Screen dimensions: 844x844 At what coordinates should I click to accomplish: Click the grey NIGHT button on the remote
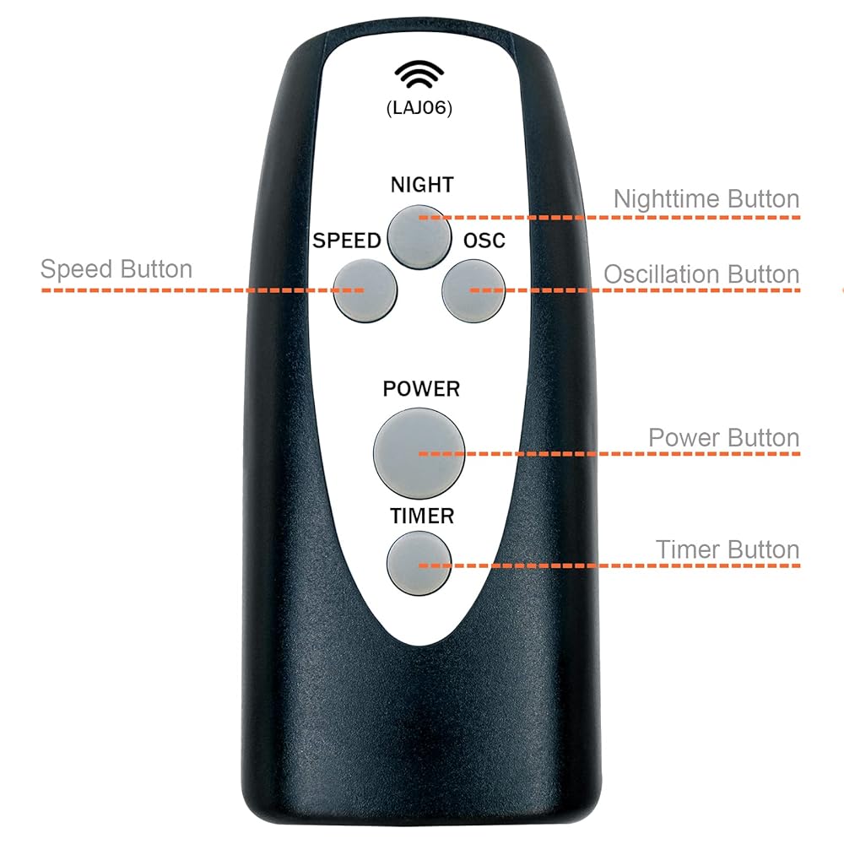point(420,235)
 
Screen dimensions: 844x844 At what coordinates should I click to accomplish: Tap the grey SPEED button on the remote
point(365,289)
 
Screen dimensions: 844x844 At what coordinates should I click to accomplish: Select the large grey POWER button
point(419,452)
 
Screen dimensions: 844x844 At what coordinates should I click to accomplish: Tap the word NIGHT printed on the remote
point(422,185)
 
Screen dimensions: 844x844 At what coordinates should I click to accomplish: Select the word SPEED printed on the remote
point(347,241)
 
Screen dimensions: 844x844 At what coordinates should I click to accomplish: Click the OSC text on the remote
point(484,241)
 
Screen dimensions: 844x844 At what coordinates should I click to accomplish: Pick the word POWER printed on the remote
point(421,389)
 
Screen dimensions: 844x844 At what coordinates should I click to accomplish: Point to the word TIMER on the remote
point(422,515)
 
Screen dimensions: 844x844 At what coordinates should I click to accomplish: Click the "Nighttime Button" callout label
point(706,199)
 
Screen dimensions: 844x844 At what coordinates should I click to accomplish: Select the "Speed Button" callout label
point(116,269)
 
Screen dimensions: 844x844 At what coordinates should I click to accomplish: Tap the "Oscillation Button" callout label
point(701,274)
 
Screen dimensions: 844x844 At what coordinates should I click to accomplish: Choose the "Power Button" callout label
point(723,438)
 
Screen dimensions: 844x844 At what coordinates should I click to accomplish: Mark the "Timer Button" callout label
point(728,549)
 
